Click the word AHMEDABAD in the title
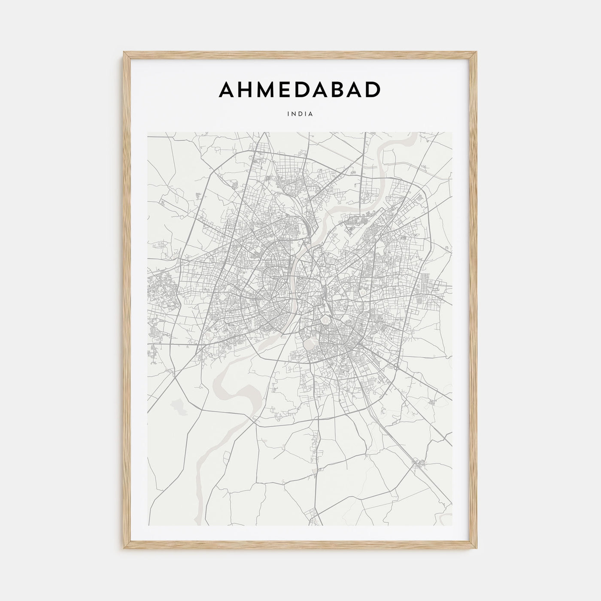coord(300,89)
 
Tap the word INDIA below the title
coord(300,114)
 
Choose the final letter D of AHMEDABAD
coord(373,89)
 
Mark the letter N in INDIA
coord(294,114)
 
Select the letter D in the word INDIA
coord(300,114)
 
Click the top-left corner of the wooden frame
coord(124,53)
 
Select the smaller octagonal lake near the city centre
coord(325,320)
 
